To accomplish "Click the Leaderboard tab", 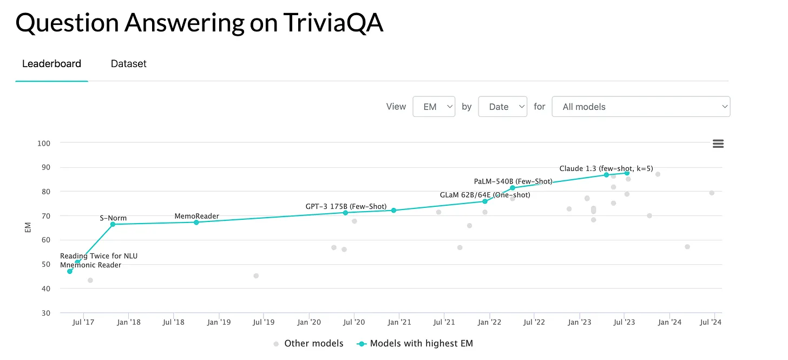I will click(x=51, y=63).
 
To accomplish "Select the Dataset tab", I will click(x=128, y=63).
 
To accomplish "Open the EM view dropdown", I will click(x=434, y=107).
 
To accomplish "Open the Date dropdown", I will click(x=502, y=107).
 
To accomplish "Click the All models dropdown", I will click(x=640, y=107).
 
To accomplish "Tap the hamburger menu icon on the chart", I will click(x=718, y=143).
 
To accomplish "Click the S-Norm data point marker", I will click(x=113, y=224).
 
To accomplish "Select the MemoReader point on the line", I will click(x=196, y=222).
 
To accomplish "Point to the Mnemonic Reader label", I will click(x=90, y=265).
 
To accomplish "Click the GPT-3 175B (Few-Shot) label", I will click(x=346, y=206).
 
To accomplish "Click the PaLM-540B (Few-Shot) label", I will click(x=513, y=181).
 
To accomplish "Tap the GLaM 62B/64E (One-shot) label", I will click(x=485, y=195).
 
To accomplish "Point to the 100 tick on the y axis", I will click(x=44, y=143).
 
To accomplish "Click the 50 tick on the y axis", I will click(x=47, y=264).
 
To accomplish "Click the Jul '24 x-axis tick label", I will click(x=711, y=322).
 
